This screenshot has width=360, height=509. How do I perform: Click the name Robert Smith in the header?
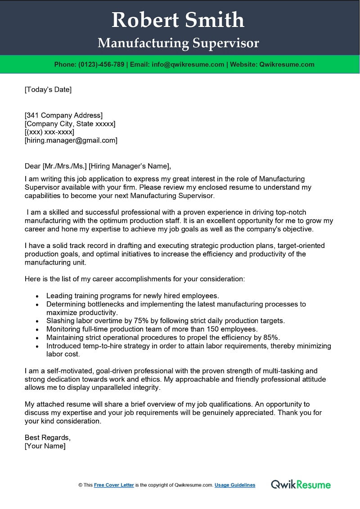pos(178,20)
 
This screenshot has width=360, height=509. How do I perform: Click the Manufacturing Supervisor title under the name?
pos(178,43)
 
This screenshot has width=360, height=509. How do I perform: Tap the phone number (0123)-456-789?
pos(101,64)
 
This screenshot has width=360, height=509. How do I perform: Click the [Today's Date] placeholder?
pos(48,89)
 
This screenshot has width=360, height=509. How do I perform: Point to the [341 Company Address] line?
pos(63,115)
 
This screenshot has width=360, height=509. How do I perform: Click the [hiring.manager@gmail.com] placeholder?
pos(71,140)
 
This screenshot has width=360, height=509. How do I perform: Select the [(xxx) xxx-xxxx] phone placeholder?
pos(49,132)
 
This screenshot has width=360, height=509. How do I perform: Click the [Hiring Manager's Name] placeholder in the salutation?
pos(130,166)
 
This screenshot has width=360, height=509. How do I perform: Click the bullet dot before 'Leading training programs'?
pos(36,296)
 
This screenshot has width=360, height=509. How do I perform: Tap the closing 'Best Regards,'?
pos(48,437)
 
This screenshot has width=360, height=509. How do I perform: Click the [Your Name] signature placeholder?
pos(45,446)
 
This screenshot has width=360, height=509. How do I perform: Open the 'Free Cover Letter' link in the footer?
pos(114,485)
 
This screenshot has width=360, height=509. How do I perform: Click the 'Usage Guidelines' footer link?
pos(235,485)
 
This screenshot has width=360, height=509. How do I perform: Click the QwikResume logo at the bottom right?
pos(301,484)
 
